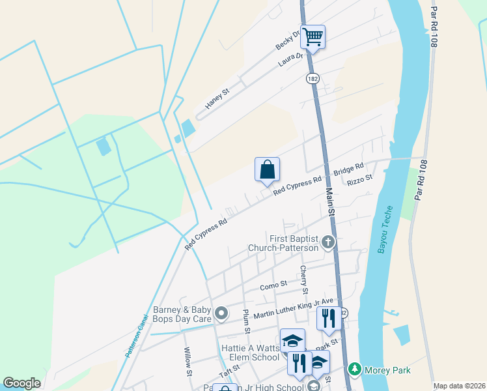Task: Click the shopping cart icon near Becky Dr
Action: point(313,36)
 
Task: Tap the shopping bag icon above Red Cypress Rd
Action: point(267,170)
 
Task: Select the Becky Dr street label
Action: point(288,40)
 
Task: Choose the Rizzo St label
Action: point(359,179)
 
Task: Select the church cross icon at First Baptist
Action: point(327,243)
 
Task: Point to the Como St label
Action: point(273,285)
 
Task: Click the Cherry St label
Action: point(303,279)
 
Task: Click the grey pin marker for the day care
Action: point(221,314)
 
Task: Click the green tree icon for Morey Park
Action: point(355,369)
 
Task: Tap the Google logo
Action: point(21,383)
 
